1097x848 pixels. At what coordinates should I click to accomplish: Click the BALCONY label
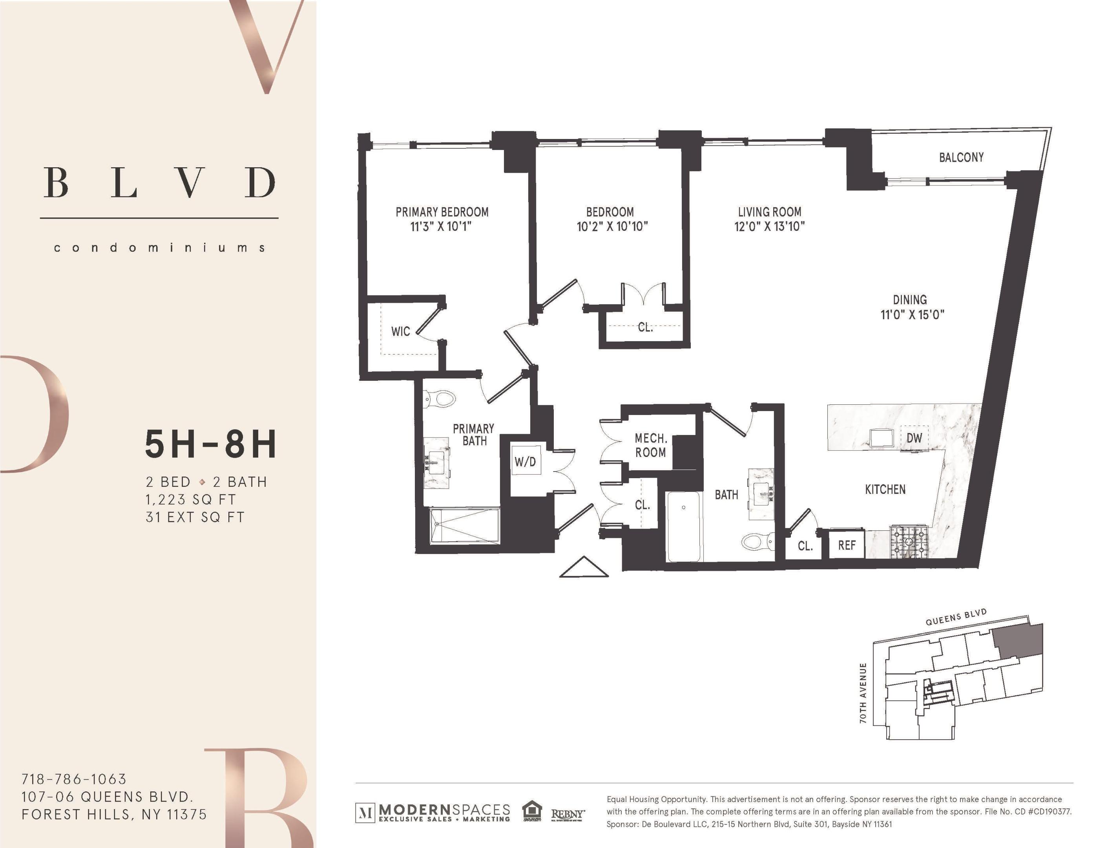[961, 157]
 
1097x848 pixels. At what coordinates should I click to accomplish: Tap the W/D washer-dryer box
[526, 461]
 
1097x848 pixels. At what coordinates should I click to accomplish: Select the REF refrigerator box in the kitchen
[847, 545]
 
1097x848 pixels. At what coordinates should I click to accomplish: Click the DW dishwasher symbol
[914, 438]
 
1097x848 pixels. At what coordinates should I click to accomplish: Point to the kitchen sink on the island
[882, 438]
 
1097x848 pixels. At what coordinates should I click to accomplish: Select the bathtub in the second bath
[684, 526]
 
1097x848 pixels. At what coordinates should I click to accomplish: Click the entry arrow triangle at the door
[584, 568]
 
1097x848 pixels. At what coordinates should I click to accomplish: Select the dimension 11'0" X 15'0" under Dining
[912, 315]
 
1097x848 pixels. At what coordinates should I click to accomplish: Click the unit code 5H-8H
[211, 444]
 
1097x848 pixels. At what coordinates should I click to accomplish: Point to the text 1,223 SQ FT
[190, 499]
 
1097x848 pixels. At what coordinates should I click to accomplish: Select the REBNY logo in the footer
[568, 814]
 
